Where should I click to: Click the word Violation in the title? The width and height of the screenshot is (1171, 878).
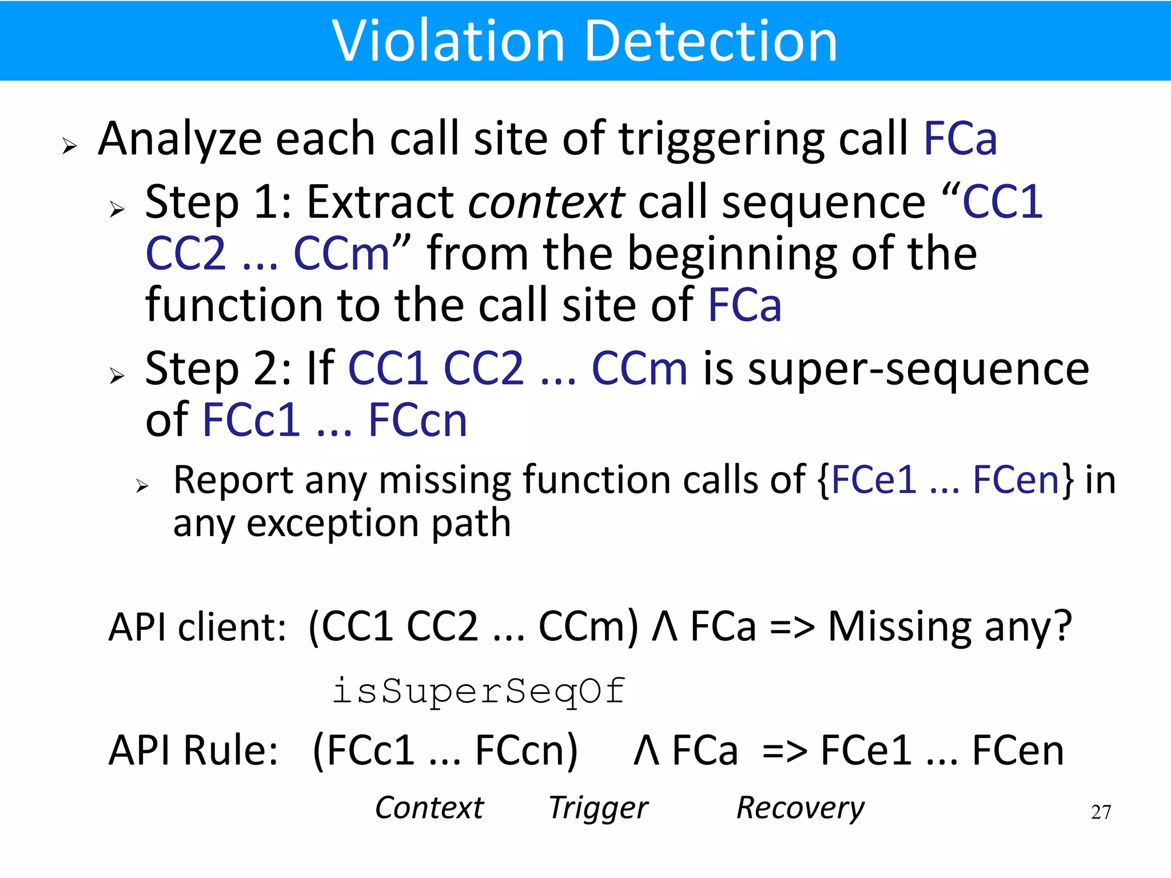coord(448,41)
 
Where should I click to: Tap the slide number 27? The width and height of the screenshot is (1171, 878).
coord(1101,812)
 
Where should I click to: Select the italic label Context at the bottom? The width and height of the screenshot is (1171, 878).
coord(429,808)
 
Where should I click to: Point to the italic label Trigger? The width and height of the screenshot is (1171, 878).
coord(598,808)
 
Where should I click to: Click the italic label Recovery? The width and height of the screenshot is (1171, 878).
coord(800,808)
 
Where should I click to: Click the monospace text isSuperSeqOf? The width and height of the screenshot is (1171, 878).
coord(479,691)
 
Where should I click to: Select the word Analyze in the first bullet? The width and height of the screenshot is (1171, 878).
coord(180,139)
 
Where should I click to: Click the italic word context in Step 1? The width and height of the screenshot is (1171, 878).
coord(546,202)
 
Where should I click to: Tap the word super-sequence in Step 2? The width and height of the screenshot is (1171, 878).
coord(918,369)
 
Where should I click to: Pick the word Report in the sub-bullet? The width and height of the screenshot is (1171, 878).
coord(233,480)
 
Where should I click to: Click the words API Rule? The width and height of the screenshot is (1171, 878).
coord(193,750)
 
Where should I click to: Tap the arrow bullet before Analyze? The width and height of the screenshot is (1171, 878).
coord(69,146)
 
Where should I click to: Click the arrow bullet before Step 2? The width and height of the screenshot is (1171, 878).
coord(117,376)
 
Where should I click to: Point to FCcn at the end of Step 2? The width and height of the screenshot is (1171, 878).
coord(417,421)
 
